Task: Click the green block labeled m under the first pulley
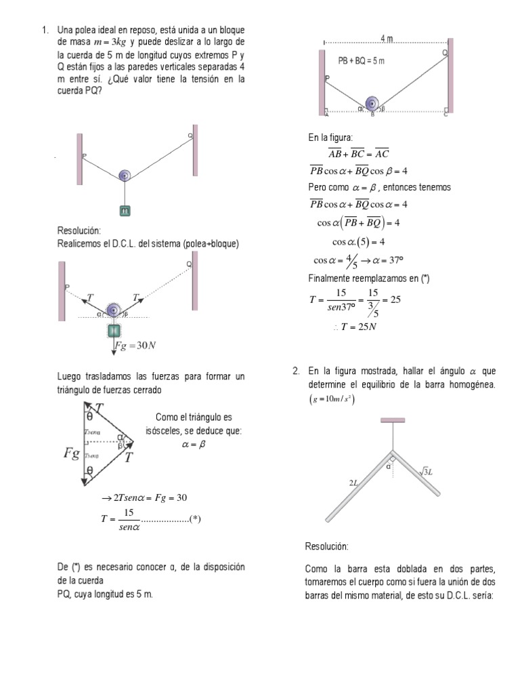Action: pos(125,211)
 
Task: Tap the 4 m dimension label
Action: pos(387,38)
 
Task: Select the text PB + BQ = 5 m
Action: pos(361,61)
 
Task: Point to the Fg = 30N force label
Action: pos(135,346)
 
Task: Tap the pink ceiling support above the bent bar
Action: pos(393,420)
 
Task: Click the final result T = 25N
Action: pos(357,327)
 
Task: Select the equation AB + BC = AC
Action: pos(358,154)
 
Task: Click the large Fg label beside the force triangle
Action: pos(72,453)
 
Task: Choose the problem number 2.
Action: pos(296,371)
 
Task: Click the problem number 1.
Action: pos(45,30)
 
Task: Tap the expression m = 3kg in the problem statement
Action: pos(104,42)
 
